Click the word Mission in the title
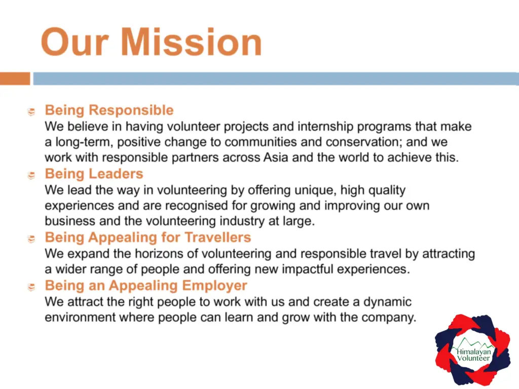coord(191,42)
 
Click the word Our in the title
coord(75,42)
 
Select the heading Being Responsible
coord(109,110)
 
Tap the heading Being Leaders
coord(94,174)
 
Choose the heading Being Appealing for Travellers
coord(148,238)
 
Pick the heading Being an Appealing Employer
coord(146,286)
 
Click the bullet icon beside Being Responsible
coord(31,112)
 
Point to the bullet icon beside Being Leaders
coord(31,175)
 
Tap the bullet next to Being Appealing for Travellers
coord(31,239)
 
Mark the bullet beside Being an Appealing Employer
coord(31,287)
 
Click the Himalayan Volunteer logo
coord(473,349)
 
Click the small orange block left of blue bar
coord(15,79)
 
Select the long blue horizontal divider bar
coord(276,79)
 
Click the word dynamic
coord(387,302)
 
